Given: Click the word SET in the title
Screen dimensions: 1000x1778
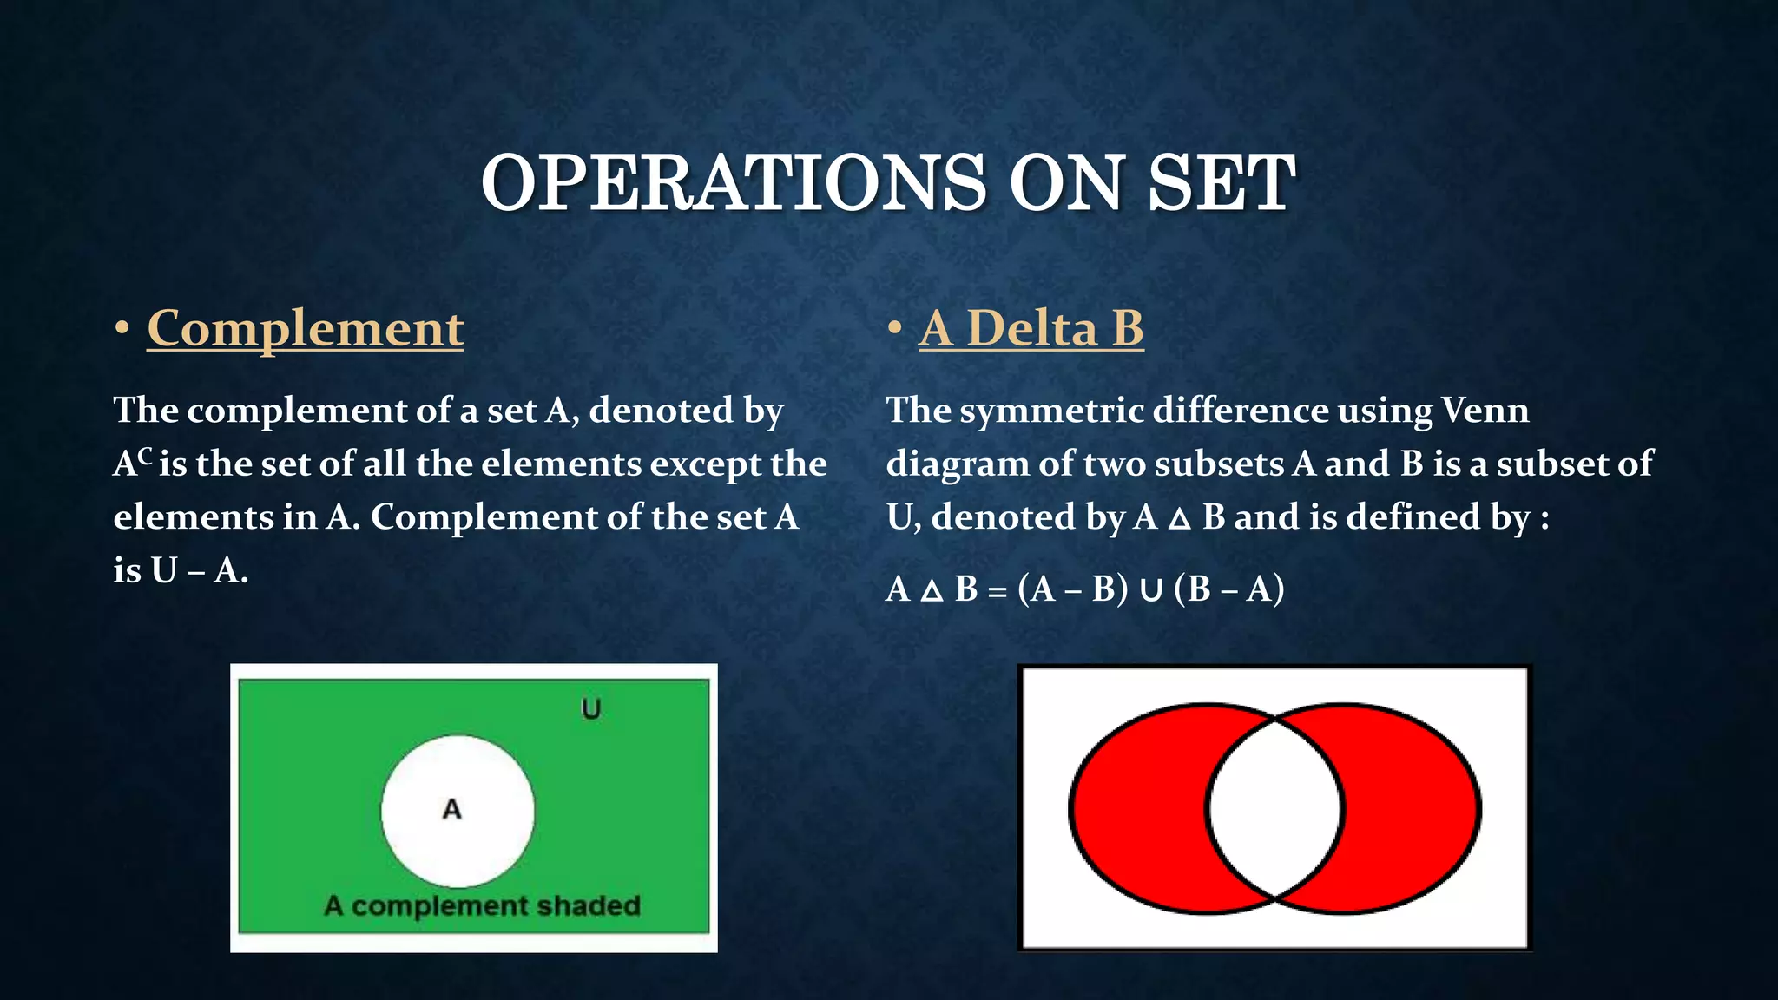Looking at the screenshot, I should (1221, 183).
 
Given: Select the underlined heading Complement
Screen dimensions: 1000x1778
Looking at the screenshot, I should (305, 329).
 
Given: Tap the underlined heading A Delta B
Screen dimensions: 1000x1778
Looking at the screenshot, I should (1031, 329).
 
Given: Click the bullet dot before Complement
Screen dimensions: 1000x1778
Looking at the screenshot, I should (122, 329).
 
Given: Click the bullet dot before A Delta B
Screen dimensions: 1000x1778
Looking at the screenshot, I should (894, 329).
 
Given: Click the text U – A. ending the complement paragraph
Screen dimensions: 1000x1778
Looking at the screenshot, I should (199, 571).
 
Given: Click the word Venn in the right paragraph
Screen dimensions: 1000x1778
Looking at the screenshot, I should (1485, 411).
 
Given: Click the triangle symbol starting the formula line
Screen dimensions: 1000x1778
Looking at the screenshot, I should (931, 592).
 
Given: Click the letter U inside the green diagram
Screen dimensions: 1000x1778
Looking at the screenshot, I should (590, 709).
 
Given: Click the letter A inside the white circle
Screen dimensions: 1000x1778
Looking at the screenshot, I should (451, 809).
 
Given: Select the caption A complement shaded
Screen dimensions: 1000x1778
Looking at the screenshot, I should (482, 906).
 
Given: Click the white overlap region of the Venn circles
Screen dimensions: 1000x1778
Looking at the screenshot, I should (1274, 808).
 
